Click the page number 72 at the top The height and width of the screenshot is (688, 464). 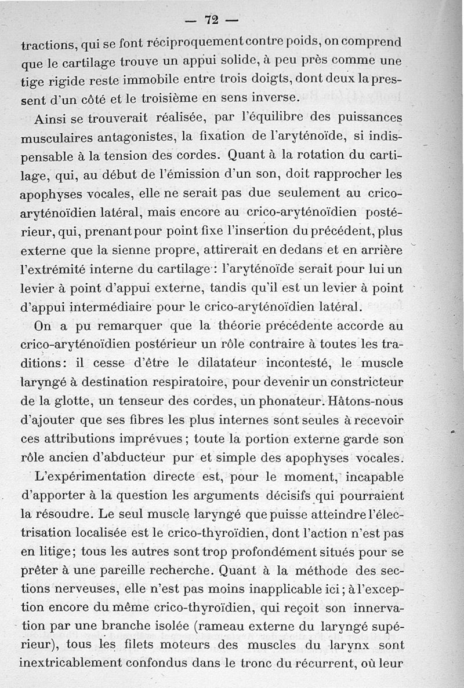coord(211,20)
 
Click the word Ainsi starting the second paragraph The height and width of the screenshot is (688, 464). coord(50,120)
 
